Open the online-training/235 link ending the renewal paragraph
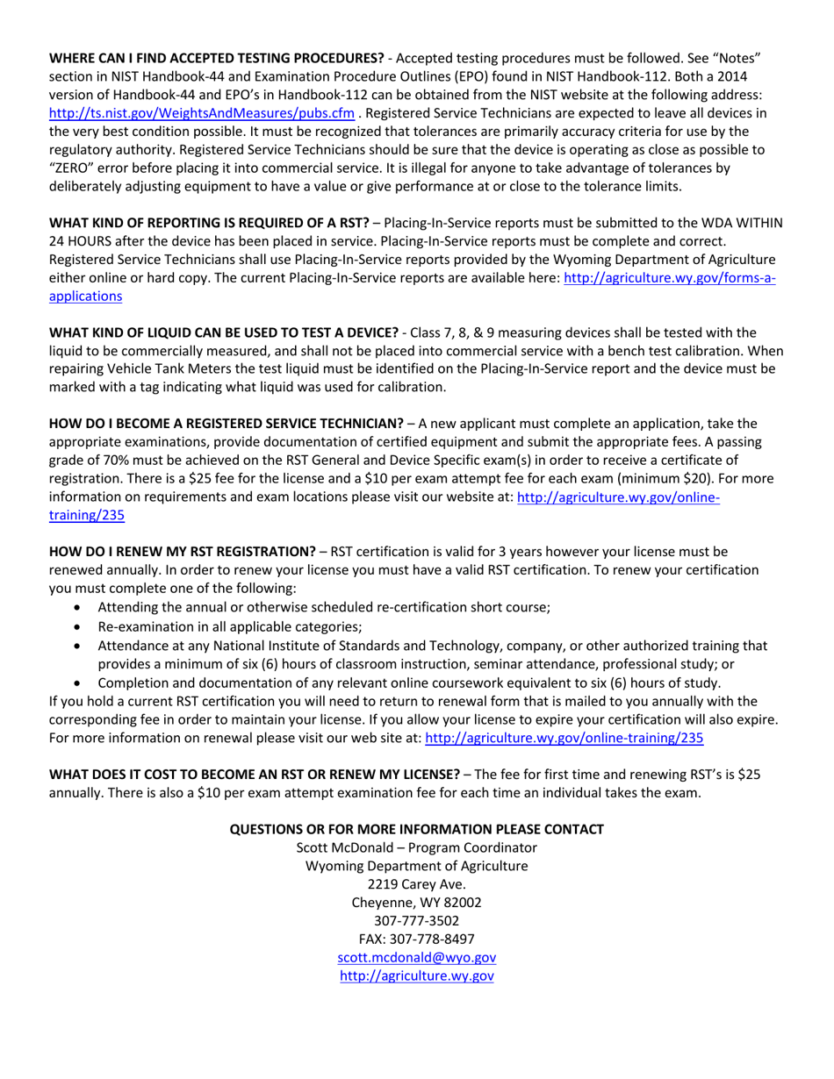[x=564, y=739]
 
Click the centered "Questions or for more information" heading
[x=416, y=829]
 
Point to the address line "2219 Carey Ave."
[x=416, y=884]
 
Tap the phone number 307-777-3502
[x=416, y=921]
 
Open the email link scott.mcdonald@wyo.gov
[x=416, y=958]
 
